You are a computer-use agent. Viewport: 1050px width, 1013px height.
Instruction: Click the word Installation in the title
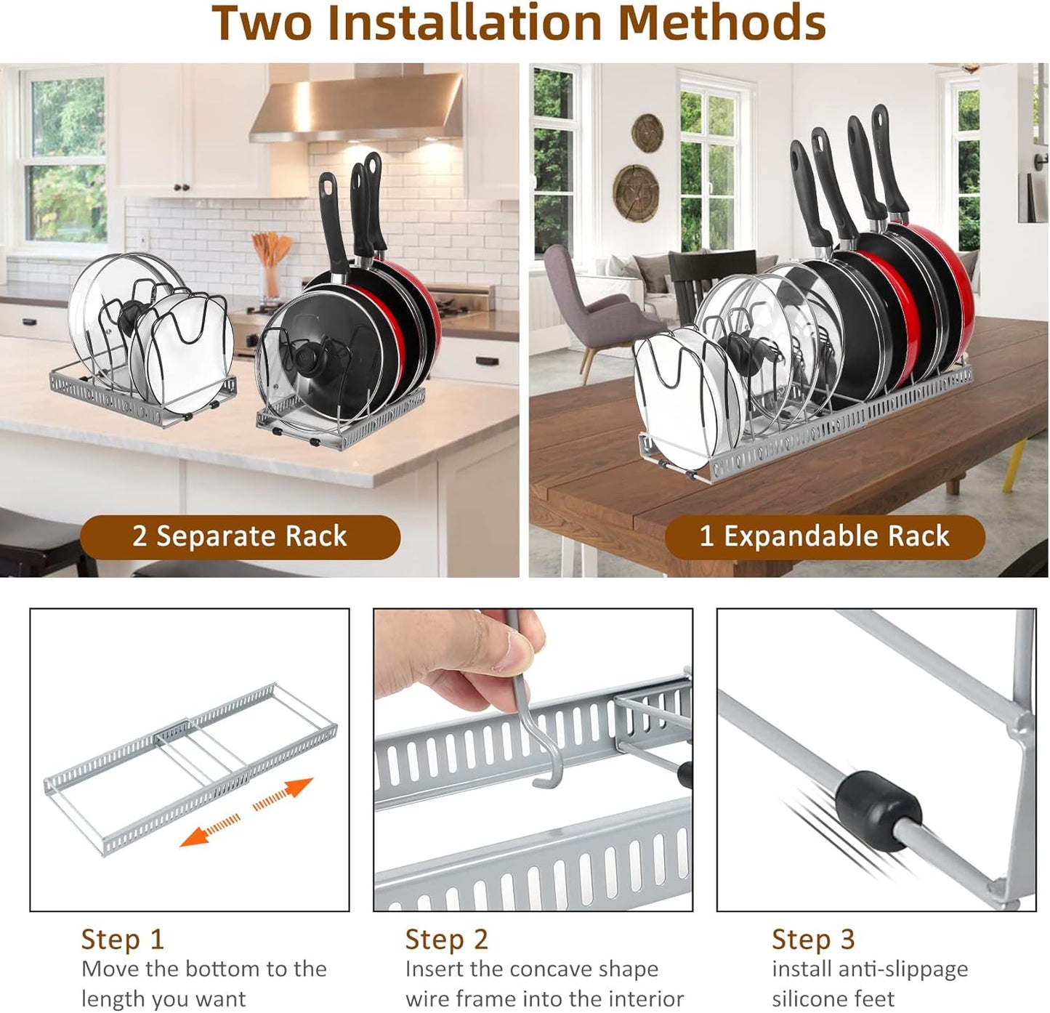click(465, 23)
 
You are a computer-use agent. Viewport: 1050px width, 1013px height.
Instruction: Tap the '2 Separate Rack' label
click(240, 536)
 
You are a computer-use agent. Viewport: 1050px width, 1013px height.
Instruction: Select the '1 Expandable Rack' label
click(824, 536)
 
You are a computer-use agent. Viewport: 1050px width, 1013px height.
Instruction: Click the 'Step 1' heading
click(122, 939)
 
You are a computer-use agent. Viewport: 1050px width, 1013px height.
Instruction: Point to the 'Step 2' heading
click(446, 939)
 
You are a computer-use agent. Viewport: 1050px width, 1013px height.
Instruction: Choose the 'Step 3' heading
click(813, 939)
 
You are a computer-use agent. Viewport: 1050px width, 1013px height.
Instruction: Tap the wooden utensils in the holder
click(270, 251)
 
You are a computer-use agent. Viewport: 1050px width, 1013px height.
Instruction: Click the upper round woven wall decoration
click(647, 133)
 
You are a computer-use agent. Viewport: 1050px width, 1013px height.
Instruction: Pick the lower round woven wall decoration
click(636, 192)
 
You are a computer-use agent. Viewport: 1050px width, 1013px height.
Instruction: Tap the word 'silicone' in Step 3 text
click(813, 999)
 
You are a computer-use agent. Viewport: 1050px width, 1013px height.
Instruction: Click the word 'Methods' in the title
click(722, 23)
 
